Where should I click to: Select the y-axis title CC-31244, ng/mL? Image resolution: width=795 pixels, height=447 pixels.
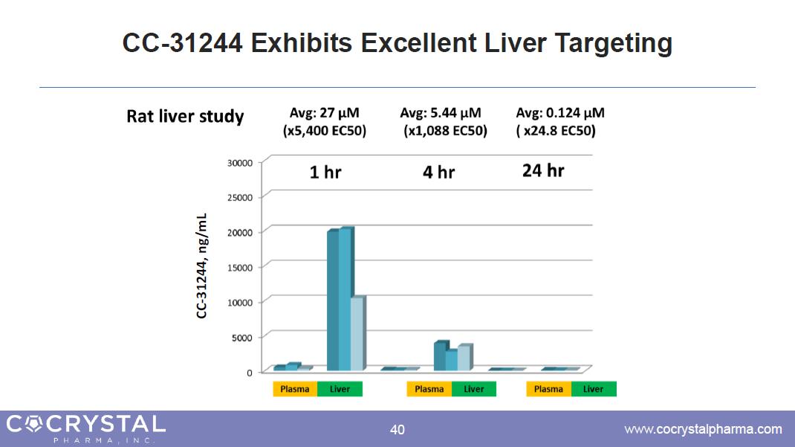coord(202,266)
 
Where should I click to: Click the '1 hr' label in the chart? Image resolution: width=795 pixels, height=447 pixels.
coord(325,173)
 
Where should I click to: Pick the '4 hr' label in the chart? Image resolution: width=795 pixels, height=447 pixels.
coord(438,173)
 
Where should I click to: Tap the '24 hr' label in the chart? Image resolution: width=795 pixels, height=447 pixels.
coord(543,170)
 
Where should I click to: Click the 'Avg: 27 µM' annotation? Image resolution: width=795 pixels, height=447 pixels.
coord(325,113)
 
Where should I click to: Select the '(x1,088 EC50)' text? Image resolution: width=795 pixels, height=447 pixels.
coord(445,131)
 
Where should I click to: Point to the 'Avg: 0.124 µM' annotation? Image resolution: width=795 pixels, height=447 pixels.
coord(560,113)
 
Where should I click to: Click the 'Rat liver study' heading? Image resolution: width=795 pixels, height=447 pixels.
coord(185,117)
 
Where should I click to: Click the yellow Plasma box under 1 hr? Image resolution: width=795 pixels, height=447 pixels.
coord(295,389)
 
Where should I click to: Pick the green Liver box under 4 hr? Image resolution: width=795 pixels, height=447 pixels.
coord(474,389)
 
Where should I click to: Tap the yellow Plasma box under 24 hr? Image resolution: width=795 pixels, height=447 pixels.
coord(548,389)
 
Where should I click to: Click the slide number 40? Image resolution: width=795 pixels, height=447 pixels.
coord(397,429)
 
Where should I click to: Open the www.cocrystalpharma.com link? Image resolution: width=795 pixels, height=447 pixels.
coord(703,429)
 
